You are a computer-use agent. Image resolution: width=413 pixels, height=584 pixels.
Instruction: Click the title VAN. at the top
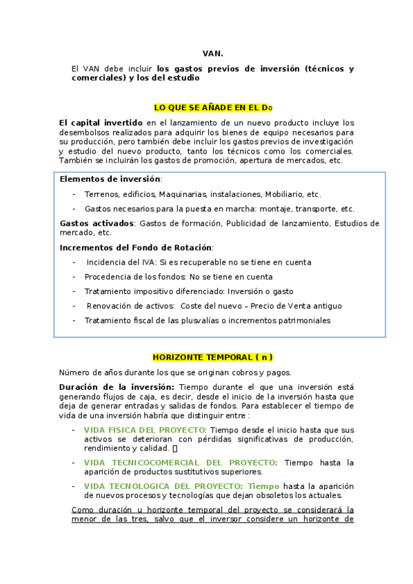[213, 53]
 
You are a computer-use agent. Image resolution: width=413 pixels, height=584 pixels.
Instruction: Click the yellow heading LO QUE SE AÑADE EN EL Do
[213, 108]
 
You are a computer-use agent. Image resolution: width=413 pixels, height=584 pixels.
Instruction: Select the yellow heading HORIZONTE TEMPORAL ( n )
[213, 357]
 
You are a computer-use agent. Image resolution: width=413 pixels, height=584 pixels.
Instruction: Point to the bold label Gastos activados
[97, 223]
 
